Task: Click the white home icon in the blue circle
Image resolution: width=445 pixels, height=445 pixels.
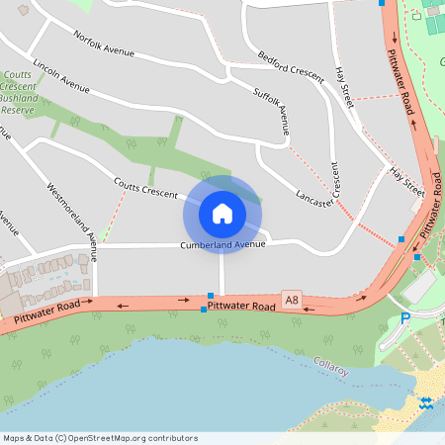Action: click(222, 213)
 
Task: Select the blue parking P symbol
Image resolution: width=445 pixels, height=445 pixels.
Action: click(404, 318)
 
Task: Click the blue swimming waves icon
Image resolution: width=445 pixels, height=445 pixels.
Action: click(425, 403)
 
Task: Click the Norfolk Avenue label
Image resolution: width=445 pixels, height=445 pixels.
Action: click(103, 43)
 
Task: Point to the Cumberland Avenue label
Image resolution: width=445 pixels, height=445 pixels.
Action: click(222, 245)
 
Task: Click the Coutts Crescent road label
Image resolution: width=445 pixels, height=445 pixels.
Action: click(144, 186)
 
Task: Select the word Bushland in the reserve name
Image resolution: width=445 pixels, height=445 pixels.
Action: click(19, 98)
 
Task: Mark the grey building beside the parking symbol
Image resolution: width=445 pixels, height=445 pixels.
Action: click(418, 287)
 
